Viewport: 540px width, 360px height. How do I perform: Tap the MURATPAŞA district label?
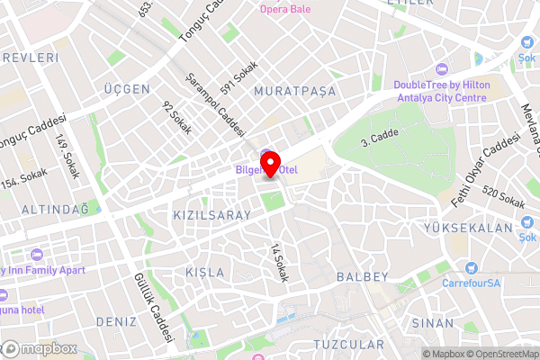click(294, 92)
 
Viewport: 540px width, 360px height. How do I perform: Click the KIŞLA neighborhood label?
click(203, 272)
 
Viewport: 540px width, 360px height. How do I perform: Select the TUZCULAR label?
click(348, 345)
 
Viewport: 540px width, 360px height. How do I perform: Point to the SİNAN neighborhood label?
click(432, 322)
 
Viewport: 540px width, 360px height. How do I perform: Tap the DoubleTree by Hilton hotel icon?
click(440, 70)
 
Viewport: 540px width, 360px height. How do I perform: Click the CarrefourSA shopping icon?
click(471, 267)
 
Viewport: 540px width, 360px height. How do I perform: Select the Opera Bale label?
click(285, 10)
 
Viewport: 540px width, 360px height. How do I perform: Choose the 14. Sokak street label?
click(278, 263)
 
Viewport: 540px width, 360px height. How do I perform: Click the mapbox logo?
click(39, 348)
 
